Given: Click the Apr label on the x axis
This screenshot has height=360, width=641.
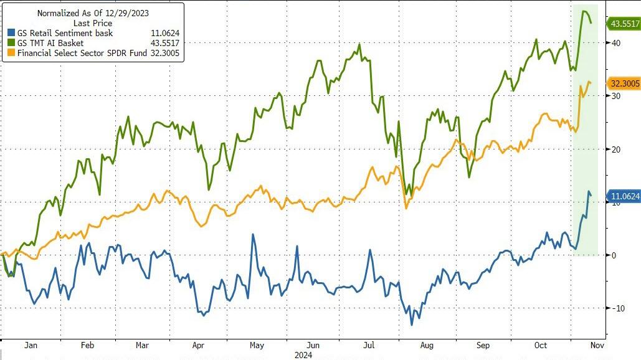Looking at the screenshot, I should click(x=198, y=345).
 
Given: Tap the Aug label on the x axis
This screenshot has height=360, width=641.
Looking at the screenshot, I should click(x=426, y=345).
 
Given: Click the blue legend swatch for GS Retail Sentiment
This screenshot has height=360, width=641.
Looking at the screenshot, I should click(x=11, y=33).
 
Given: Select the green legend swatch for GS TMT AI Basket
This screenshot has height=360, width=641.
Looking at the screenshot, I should click(x=11, y=43).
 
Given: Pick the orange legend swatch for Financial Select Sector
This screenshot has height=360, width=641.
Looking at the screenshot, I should click(x=11, y=53).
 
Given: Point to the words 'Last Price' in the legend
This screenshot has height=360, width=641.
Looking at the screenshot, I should click(x=93, y=23).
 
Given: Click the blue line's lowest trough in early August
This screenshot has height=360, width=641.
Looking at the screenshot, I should click(x=411, y=324).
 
